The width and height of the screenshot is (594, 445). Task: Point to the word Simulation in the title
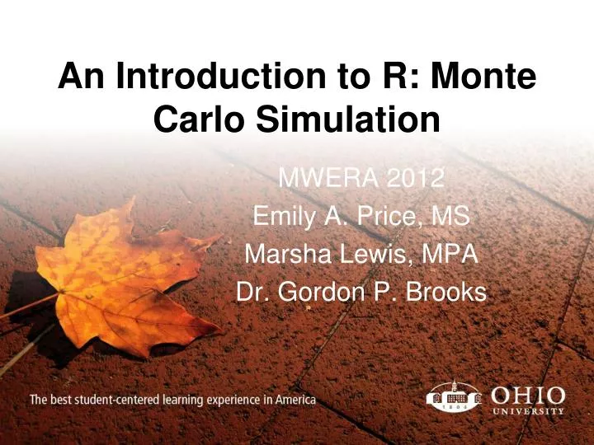[346, 121]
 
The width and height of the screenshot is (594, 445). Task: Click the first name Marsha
[284, 255]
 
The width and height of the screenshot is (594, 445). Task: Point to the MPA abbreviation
[449, 255]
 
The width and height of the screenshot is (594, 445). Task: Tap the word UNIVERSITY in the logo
[528, 410]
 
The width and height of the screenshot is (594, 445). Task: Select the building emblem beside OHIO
[453, 396]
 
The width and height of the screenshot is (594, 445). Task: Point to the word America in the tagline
[294, 400]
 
